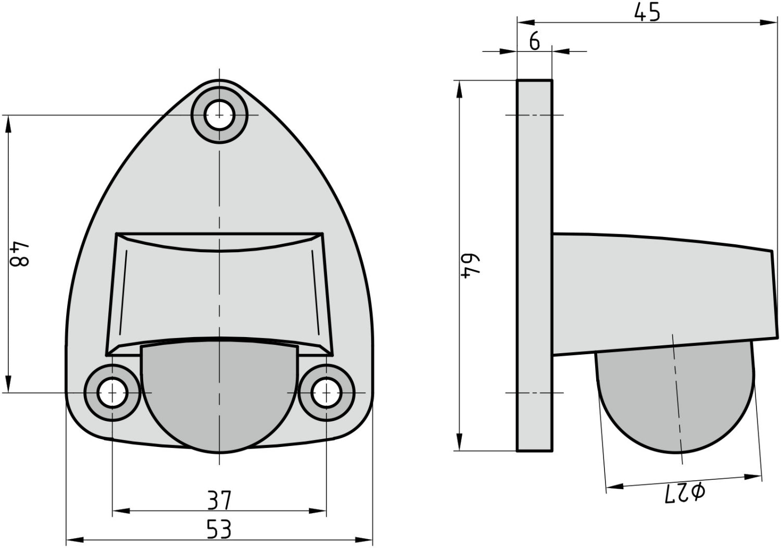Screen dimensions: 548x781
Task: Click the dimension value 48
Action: (x=21, y=254)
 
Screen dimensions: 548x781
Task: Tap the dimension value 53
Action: (x=219, y=530)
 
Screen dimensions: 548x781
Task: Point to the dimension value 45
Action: (x=647, y=12)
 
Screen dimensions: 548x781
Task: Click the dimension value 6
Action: (x=535, y=41)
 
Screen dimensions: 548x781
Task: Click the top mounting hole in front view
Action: (x=219, y=115)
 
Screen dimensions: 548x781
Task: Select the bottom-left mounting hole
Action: (x=112, y=392)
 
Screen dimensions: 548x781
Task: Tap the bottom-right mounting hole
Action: (x=326, y=392)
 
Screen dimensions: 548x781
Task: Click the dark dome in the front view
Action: (x=219, y=396)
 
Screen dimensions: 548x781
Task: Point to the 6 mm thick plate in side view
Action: (x=534, y=266)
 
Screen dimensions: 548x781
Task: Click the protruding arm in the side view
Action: (x=661, y=294)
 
